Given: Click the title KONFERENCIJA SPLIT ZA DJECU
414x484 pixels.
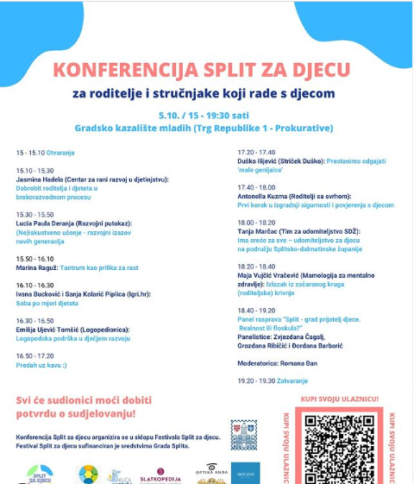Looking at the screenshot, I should tap(201, 69).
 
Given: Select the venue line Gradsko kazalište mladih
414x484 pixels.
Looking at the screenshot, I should tap(204, 128).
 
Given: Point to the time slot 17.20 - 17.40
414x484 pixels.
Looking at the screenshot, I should tap(257, 152).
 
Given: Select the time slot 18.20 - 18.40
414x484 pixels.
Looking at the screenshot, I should tap(257, 267).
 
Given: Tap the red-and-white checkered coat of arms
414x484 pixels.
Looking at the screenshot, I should tap(244, 434).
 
